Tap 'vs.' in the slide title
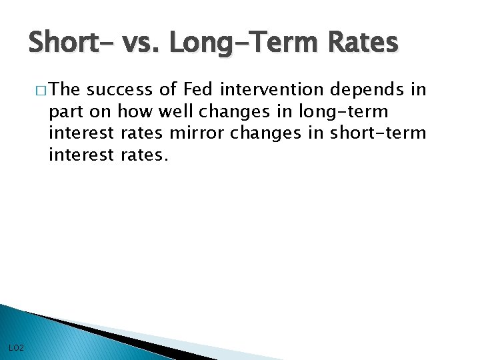[141, 43]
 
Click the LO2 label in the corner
[17, 347]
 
